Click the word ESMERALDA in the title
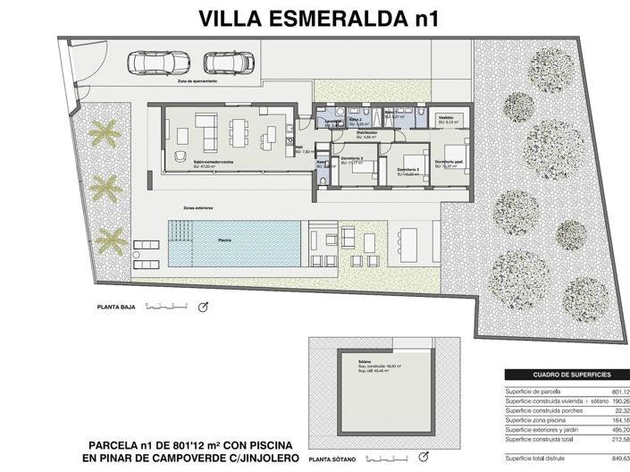[x=312, y=18]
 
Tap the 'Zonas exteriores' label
[x=198, y=208]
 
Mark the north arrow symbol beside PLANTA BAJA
[x=202, y=308]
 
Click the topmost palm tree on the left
[x=104, y=133]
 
